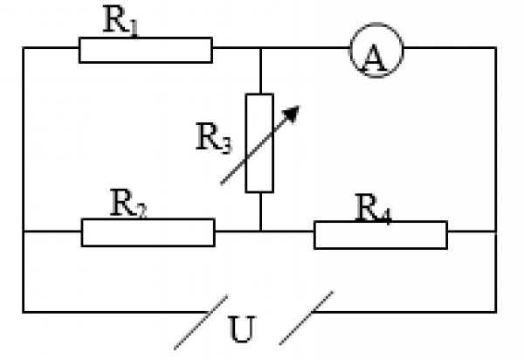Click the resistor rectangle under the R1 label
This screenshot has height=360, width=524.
tap(145, 50)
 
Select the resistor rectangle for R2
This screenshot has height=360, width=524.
tap(148, 232)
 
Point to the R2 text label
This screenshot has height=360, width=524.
tap(128, 204)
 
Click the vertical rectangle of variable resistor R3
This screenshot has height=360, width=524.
tap(260, 142)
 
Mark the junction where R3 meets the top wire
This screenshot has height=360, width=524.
tap(260, 50)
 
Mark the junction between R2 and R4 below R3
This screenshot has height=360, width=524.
tap(260, 232)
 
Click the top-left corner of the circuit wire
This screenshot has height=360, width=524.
tap(24, 50)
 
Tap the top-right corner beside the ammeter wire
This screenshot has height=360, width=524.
tap(496, 50)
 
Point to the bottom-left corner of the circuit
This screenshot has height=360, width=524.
tap(24, 310)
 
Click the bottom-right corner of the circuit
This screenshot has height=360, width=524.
tap(496, 310)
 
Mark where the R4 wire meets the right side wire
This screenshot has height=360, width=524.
tap(496, 232)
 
